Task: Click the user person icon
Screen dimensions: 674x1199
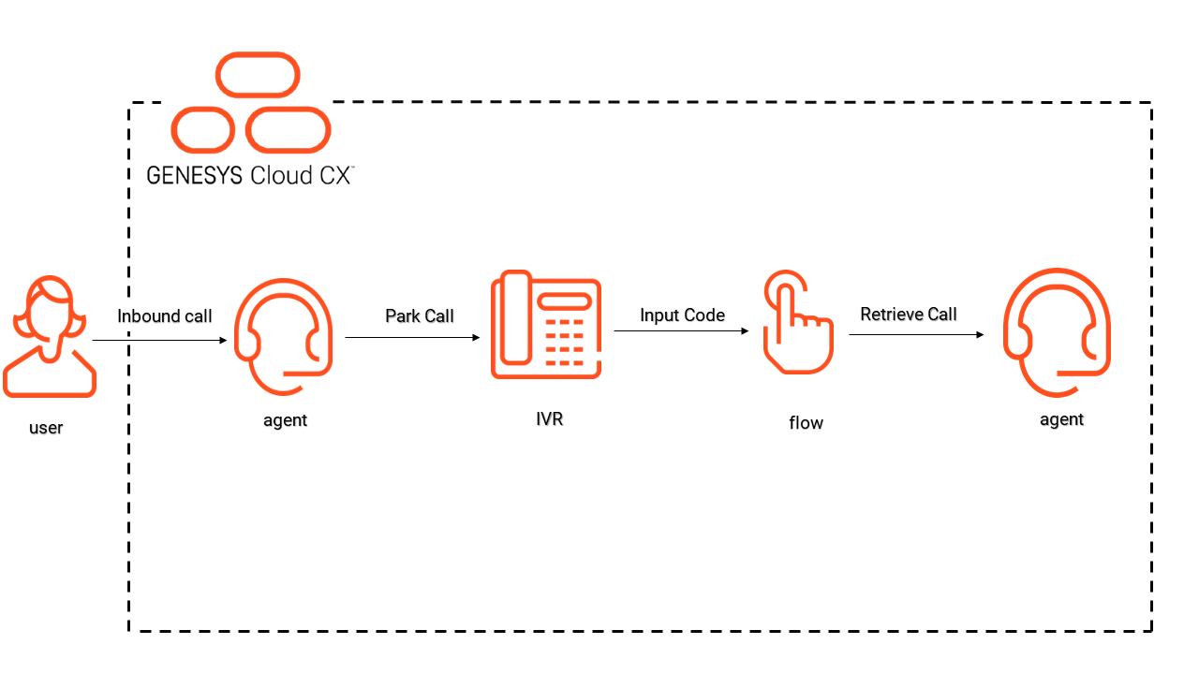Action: [49, 337]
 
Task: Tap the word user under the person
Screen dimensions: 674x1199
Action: [46, 428]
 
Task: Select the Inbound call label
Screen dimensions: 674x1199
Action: [165, 316]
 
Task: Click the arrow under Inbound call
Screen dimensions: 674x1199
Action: [160, 341]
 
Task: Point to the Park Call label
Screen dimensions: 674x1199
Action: [420, 316]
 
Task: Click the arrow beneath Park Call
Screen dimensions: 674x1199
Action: [412, 338]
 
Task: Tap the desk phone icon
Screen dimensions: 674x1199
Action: [546, 326]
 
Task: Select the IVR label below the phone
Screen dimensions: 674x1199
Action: [550, 418]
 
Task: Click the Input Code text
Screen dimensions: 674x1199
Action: [682, 315]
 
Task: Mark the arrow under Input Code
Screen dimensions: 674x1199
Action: [681, 330]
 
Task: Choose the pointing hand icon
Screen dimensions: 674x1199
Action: [797, 323]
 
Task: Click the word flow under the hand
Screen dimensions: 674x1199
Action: [806, 423]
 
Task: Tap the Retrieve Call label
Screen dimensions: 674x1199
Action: [909, 315]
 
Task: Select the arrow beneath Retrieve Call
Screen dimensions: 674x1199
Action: [916, 334]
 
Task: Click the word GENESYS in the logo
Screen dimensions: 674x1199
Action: [195, 175]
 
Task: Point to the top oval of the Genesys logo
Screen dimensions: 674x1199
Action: [258, 75]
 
